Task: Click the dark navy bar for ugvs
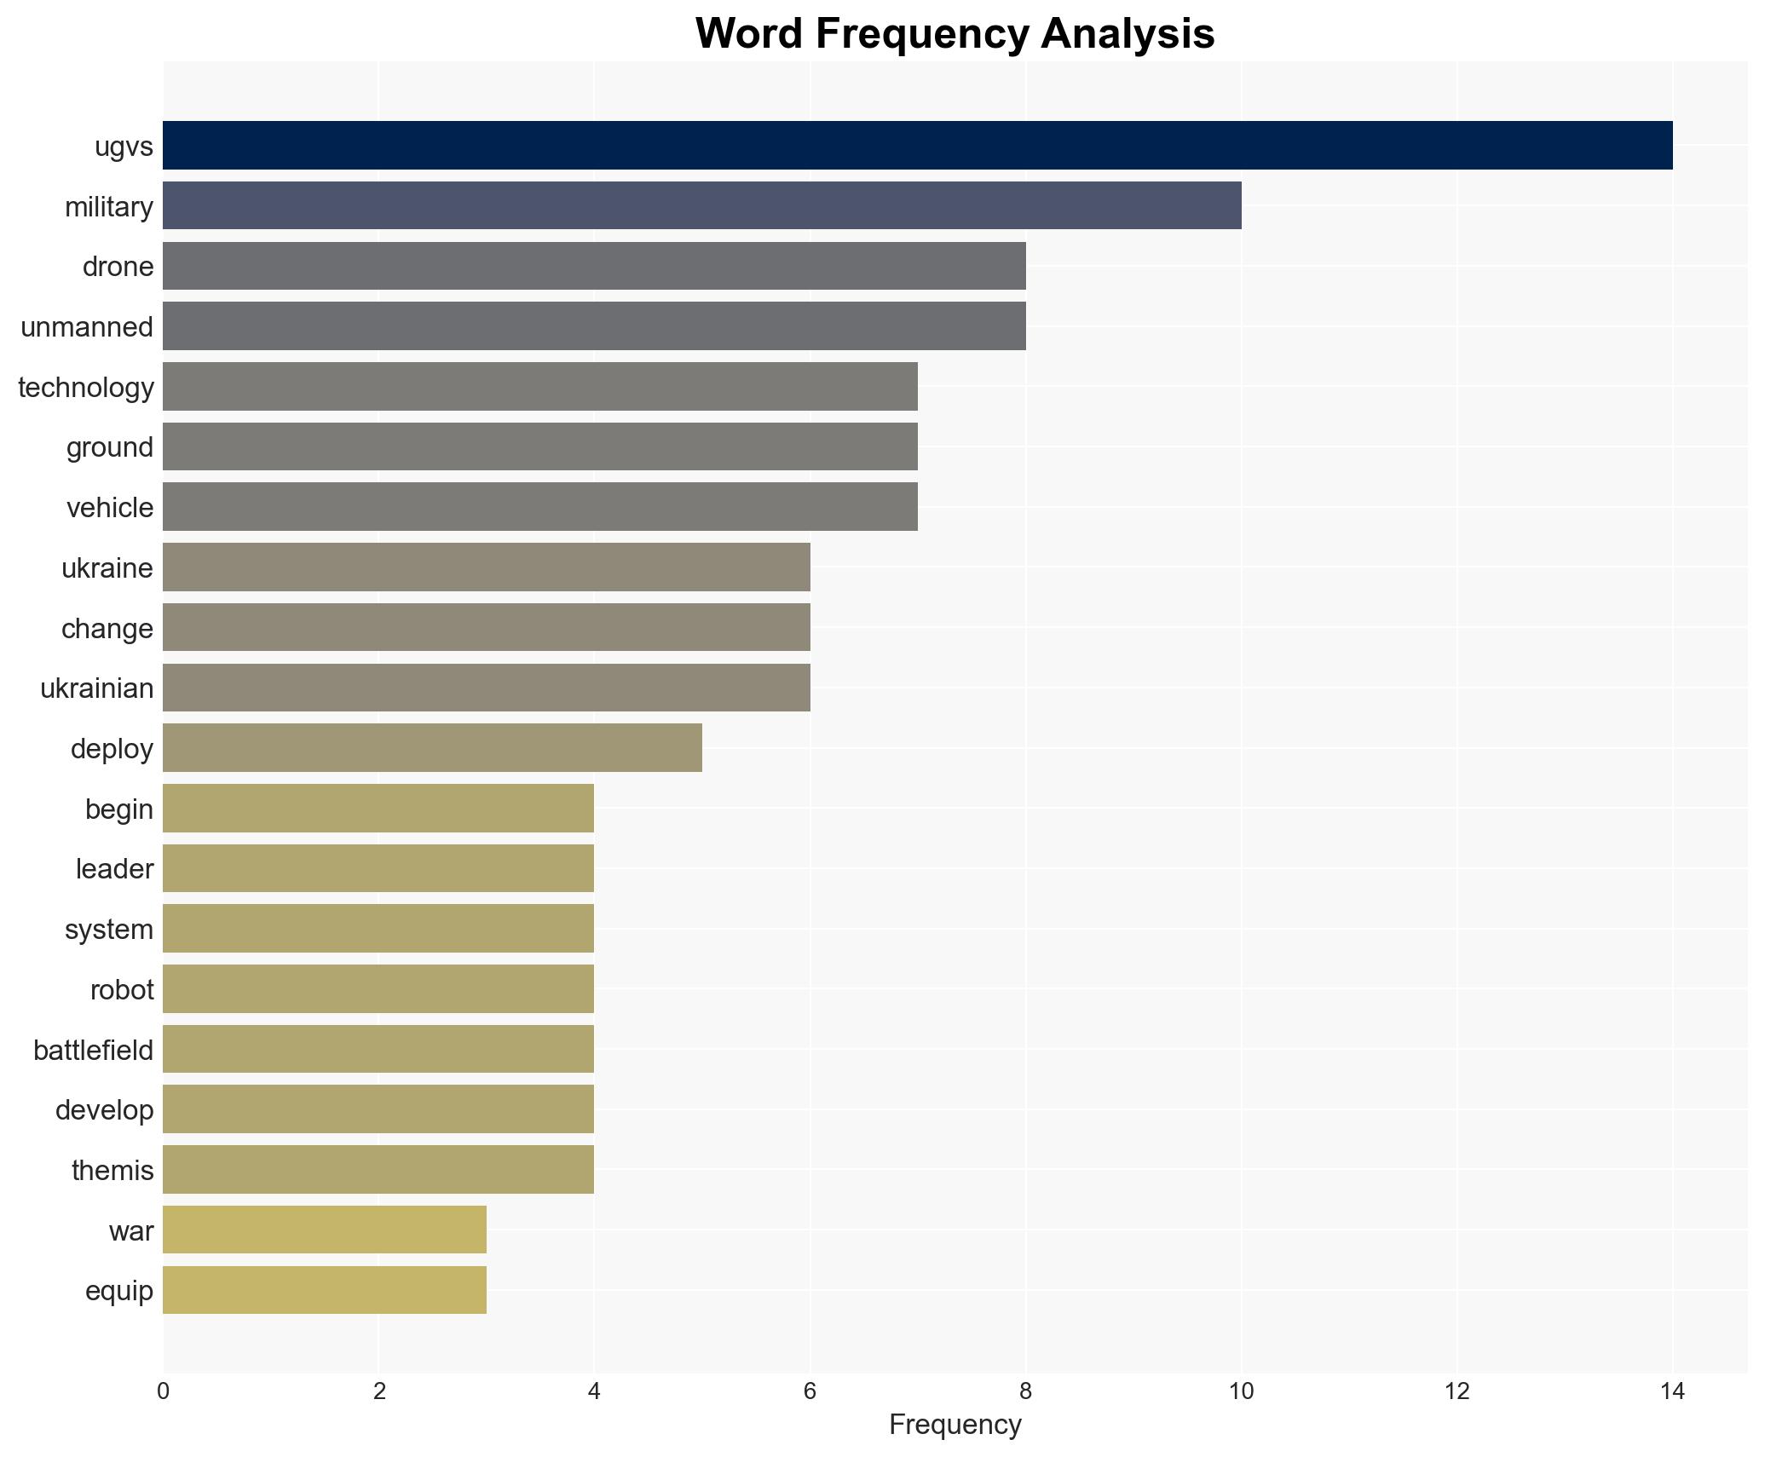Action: [917, 146]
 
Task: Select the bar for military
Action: [701, 205]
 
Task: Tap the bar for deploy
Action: [432, 748]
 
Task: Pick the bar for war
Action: [325, 1230]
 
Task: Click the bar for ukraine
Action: [486, 567]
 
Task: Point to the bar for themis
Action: [378, 1169]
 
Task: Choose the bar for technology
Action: [539, 387]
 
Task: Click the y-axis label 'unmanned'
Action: [87, 327]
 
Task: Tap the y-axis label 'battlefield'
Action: [94, 1050]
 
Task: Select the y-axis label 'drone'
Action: [118, 267]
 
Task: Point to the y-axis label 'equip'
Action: [119, 1290]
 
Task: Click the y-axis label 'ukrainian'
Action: [97, 688]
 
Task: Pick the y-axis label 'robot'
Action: [122, 989]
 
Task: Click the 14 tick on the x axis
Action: [1672, 1391]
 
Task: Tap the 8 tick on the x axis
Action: [1025, 1391]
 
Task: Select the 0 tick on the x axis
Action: [163, 1391]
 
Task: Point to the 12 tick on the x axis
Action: [1456, 1391]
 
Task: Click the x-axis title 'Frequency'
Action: [955, 1425]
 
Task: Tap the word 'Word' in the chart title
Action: [750, 34]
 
